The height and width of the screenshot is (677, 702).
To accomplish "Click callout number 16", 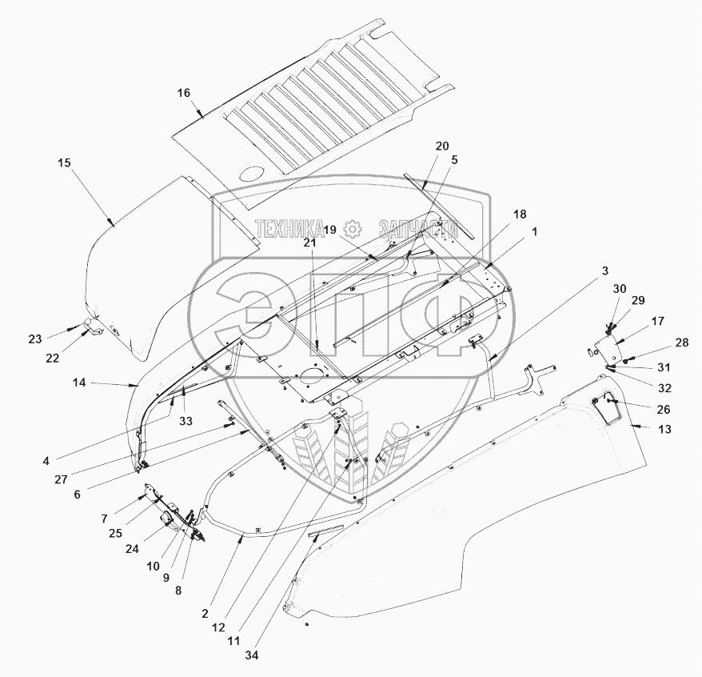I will pos(184,93).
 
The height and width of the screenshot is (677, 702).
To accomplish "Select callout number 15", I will pos(65,162).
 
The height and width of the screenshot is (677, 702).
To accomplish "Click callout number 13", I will pos(664,429).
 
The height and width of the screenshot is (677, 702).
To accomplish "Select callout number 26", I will pos(664,408).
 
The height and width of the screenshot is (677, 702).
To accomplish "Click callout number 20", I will pos(442,146).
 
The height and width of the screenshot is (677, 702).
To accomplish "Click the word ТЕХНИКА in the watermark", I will pos(289,226).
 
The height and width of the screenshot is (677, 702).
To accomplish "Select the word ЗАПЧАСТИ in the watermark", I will pos(417,226).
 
